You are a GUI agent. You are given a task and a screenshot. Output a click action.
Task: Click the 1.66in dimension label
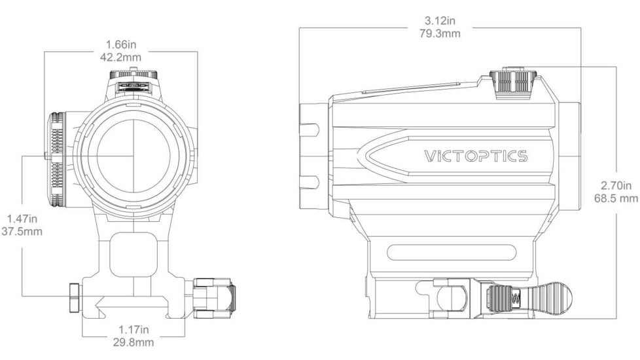coord(120,45)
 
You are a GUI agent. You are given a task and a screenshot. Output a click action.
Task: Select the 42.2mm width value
coord(120,57)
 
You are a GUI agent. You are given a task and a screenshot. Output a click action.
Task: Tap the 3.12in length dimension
coord(440,21)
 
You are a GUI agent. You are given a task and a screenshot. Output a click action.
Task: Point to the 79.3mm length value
coord(440,33)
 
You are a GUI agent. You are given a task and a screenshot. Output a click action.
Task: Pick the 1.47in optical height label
coord(23,218)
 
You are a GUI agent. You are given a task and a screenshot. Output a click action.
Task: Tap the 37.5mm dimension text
coord(23,230)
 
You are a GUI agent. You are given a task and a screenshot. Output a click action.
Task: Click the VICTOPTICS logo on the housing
coord(476,156)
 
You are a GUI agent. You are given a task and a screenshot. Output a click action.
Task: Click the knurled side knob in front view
coord(56,156)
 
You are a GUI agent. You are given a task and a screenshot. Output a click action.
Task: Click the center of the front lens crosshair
coord(134,156)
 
